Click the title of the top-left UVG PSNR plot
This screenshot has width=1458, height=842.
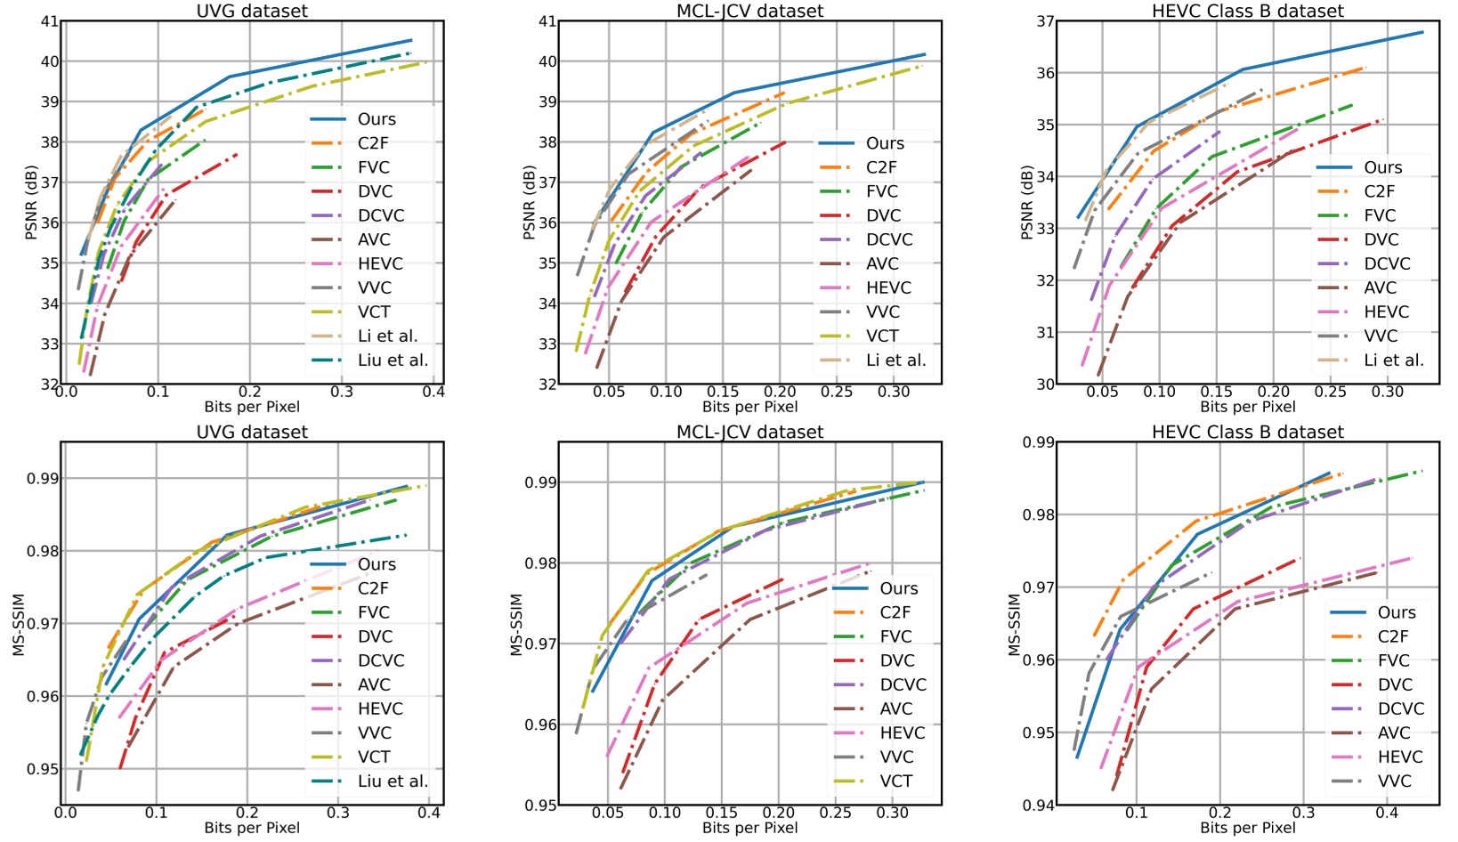tap(252, 11)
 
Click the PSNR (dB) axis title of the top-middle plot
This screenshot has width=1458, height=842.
tap(529, 203)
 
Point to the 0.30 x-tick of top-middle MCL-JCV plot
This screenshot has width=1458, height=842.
tap(894, 392)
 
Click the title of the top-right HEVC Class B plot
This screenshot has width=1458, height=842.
tap(1247, 11)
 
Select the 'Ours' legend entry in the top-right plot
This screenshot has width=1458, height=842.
tap(1382, 167)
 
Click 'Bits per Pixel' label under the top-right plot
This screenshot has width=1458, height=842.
tap(1247, 407)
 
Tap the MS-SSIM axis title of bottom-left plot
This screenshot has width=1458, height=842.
tap(18, 624)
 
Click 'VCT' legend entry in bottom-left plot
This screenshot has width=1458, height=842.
tap(373, 757)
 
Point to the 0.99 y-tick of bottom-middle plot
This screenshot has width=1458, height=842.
tap(539, 482)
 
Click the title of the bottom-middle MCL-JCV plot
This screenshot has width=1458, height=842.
tap(749, 432)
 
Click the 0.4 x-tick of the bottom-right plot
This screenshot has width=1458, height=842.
tap(1387, 813)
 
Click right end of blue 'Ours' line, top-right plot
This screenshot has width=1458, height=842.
tap(1422, 32)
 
